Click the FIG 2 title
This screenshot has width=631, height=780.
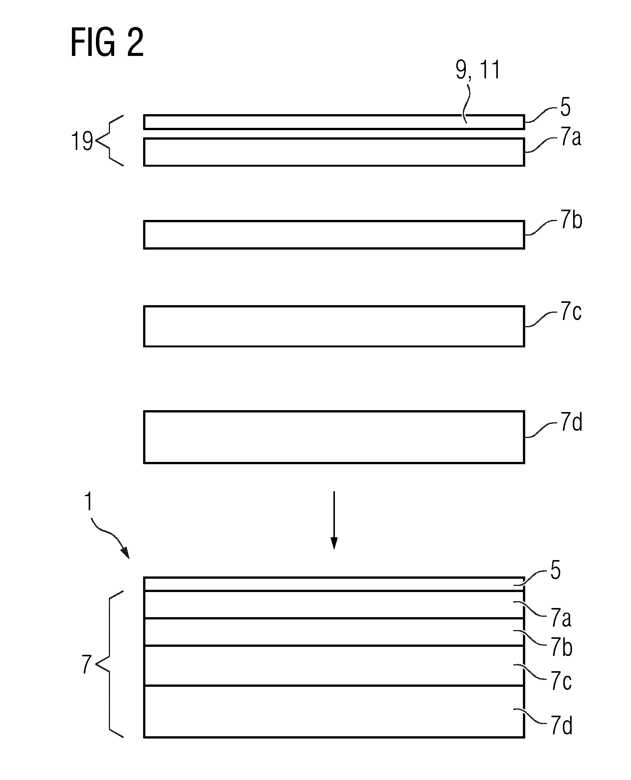pyautogui.click(x=107, y=43)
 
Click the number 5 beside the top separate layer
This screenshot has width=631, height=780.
pyautogui.click(x=566, y=108)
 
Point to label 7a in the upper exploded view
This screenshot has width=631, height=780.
pyautogui.click(x=570, y=139)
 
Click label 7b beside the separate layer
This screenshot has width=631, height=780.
pyautogui.click(x=570, y=221)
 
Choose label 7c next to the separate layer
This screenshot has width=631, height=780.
pyautogui.click(x=570, y=313)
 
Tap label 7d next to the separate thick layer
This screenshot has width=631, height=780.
pyautogui.click(x=570, y=423)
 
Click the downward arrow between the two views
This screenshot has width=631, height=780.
pyautogui.click(x=334, y=520)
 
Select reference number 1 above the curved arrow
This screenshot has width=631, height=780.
pyautogui.click(x=88, y=501)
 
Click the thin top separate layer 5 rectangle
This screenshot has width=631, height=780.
pyautogui.click(x=334, y=122)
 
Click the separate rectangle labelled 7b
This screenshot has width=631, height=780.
pyautogui.click(x=334, y=234)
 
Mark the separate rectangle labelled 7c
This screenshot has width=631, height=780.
pyautogui.click(x=334, y=326)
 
